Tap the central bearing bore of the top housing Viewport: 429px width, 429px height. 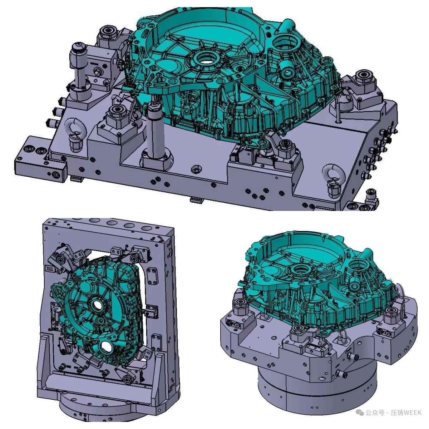(x=206, y=59)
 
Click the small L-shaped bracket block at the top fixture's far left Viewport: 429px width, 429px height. (x=41, y=159)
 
